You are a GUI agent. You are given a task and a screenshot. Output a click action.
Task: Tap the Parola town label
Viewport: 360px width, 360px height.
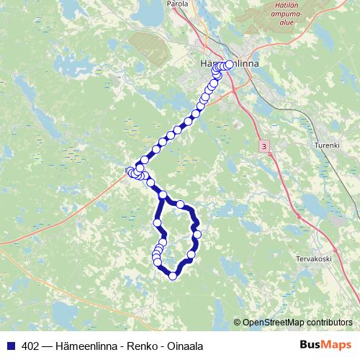(178, 4)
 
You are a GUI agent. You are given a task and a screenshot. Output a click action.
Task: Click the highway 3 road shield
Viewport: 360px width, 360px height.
(265, 146)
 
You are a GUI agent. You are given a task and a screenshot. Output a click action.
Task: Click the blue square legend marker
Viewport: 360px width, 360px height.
(9, 344)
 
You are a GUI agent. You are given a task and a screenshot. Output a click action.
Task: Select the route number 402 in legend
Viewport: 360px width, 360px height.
(28, 344)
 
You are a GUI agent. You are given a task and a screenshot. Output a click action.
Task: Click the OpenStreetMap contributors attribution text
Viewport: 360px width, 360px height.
(297, 322)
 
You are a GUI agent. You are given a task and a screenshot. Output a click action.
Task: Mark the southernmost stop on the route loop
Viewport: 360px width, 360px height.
(173, 274)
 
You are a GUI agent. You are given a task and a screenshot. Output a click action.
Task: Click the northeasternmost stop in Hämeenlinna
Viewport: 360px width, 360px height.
(230, 64)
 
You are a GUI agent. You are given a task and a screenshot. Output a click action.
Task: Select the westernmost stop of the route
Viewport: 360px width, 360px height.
(130, 171)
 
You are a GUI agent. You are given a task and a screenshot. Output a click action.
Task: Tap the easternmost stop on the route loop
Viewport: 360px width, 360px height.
(197, 235)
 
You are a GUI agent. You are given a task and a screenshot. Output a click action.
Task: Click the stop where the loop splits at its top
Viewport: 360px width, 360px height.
(163, 195)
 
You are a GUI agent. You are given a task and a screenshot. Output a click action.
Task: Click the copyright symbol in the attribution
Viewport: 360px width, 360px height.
(238, 322)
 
